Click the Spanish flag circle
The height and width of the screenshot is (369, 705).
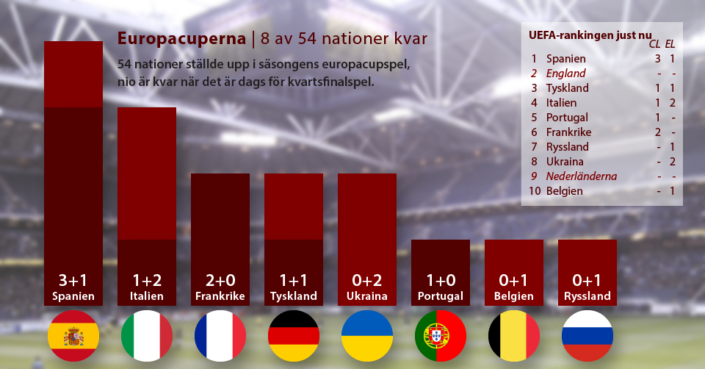(73, 335)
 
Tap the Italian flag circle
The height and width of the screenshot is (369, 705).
(147, 335)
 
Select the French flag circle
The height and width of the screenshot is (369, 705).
(220, 335)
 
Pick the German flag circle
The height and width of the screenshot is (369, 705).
(294, 335)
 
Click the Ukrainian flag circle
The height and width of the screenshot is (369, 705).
(367, 335)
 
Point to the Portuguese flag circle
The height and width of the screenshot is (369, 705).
(441, 335)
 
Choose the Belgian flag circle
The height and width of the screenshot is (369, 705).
(514, 335)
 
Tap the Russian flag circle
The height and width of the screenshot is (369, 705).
(587, 335)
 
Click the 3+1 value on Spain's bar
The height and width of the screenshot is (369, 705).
(73, 281)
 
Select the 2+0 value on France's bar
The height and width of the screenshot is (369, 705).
(220, 281)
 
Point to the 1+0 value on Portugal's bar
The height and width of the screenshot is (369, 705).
(441, 281)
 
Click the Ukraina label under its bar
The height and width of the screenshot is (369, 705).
(367, 296)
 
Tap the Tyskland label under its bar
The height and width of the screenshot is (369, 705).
(294, 296)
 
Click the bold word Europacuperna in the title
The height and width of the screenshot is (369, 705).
(181, 37)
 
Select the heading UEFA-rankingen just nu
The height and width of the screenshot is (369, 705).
(590, 35)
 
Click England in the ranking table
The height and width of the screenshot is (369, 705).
(565, 74)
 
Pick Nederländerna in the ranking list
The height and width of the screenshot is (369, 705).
(582, 176)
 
